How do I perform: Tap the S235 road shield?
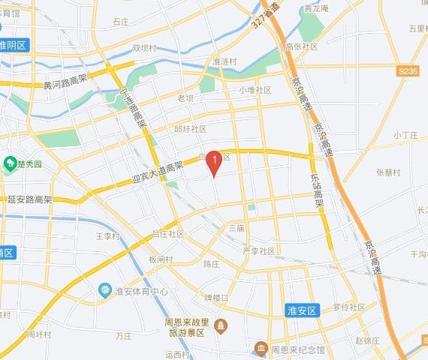click(408, 70)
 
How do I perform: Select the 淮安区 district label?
click(304, 309)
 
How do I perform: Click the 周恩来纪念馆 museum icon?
click(261, 349)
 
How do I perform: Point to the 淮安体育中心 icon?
click(105, 290)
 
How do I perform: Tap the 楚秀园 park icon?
click(10, 163)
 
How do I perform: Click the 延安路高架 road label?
click(32, 200)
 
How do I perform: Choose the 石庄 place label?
click(121, 22)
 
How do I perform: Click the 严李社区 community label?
click(259, 250)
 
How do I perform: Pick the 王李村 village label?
click(107, 235)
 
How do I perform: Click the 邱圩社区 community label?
click(190, 129)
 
